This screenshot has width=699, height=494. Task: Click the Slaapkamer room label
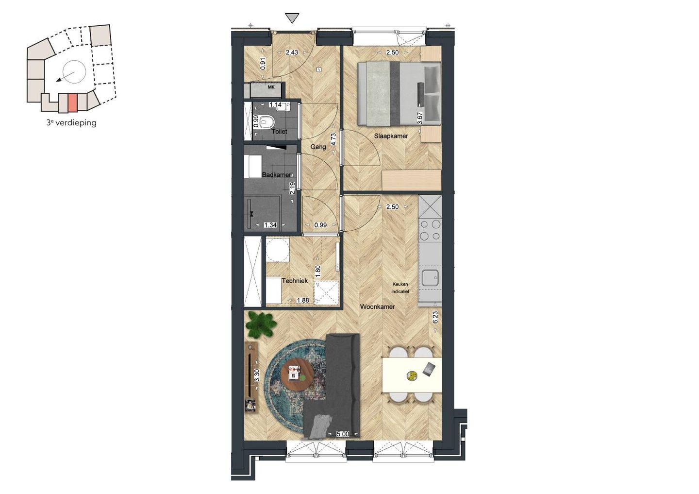[391, 136]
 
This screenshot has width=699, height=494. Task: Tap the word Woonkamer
[377, 307]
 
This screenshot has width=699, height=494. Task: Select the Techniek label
[295, 281]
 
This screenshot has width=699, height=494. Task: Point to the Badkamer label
[277, 175]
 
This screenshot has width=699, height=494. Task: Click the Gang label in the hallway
[318, 147]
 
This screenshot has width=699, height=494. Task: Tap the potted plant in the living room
[261, 324]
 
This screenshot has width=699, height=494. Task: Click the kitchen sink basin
[430, 278]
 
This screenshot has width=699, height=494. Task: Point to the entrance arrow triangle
[292, 18]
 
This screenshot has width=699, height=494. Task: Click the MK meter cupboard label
[271, 87]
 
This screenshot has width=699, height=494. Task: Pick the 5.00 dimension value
[343, 434]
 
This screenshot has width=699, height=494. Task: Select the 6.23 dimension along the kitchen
[435, 317]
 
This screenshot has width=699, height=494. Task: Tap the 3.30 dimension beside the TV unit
[257, 375]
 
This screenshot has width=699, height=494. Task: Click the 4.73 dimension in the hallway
[333, 139]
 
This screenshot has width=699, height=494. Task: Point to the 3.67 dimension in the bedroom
[420, 118]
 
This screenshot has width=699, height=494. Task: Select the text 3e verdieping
[71, 123]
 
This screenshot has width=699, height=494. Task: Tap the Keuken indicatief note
[400, 288]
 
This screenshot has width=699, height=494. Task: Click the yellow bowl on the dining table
[412, 375]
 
